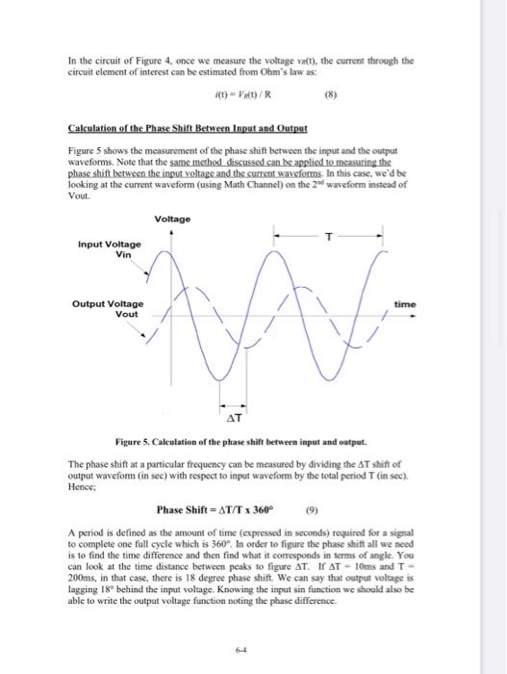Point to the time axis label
click(404, 304)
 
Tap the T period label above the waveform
click(329, 235)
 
